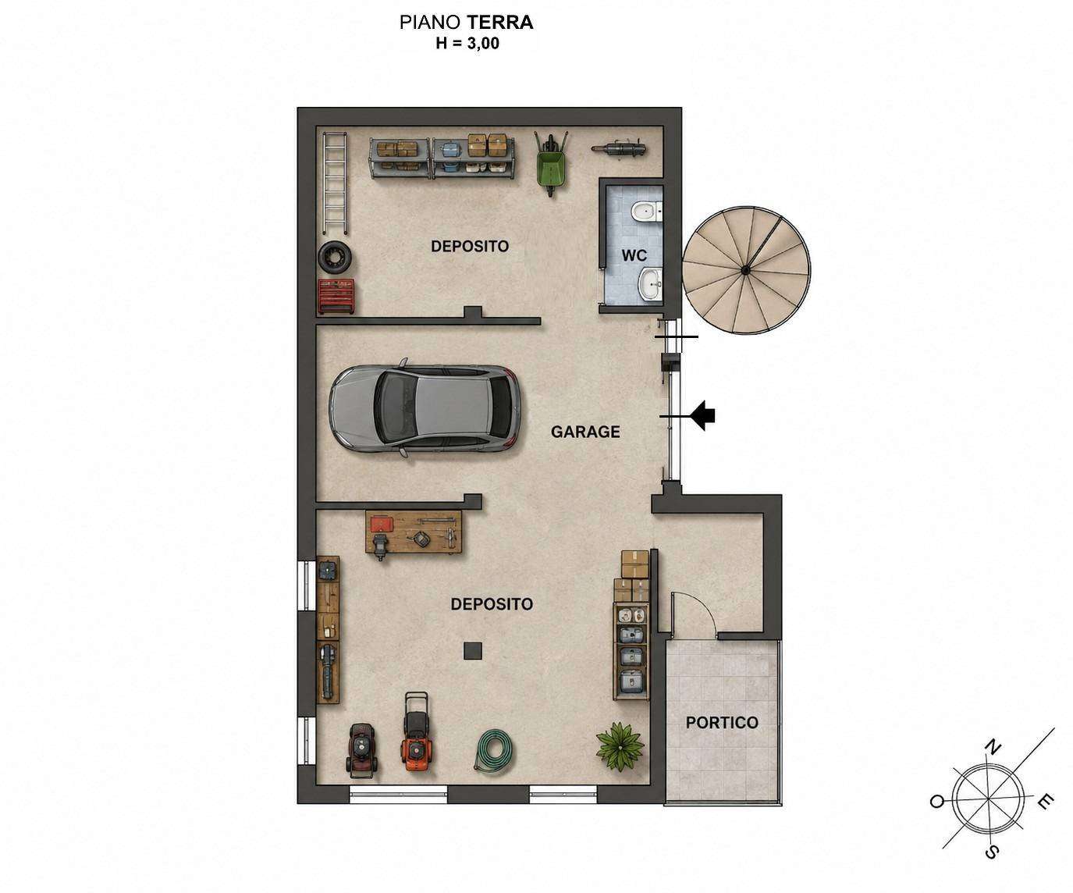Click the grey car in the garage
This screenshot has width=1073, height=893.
coord(425,408)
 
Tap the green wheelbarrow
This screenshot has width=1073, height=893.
coord(550,162)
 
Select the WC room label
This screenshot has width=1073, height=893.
coord(634,255)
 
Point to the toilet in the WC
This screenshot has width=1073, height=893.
coord(646,211)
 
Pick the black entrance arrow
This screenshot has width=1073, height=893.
coord(702,416)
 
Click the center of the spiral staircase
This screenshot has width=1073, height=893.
coord(744,269)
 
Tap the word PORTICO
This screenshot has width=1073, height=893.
coord(722,723)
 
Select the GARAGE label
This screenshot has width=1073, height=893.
coord(585,432)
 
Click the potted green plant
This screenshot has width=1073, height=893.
coord(620,745)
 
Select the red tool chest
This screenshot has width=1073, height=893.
coord(336,296)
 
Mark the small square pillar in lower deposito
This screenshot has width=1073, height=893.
coord(473,651)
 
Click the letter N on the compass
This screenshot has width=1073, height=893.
coord(993,748)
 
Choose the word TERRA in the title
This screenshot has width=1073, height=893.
coord(500,23)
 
